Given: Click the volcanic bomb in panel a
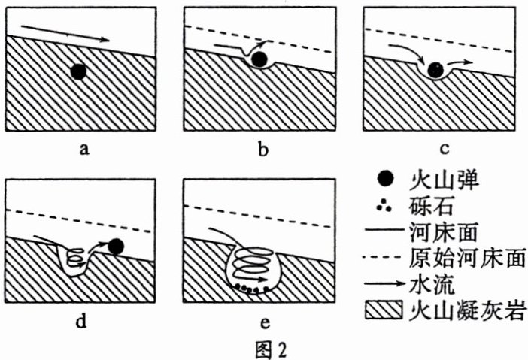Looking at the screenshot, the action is pyautogui.click(x=78, y=71).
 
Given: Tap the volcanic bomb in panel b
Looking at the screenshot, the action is pyautogui.click(x=260, y=59).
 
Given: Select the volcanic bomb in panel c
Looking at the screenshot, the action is pyautogui.click(x=435, y=70).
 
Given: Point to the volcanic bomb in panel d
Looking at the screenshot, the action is pyautogui.click(x=116, y=245).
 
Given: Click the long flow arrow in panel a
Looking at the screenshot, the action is pyautogui.click(x=65, y=33).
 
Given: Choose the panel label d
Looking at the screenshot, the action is pyautogui.click(x=84, y=323).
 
